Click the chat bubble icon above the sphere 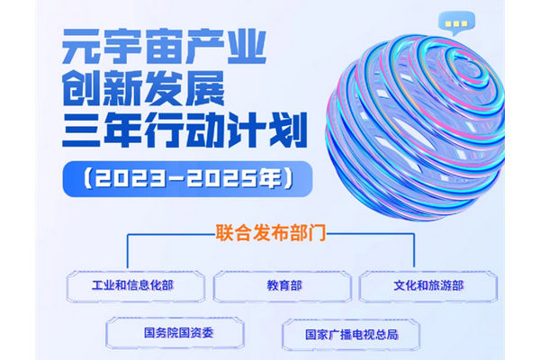pos(456,22)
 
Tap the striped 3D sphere pos(415,127)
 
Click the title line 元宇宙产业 pos(165,46)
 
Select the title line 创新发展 pos(143,88)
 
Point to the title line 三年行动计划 pos(184,130)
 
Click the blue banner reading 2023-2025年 pos(187,179)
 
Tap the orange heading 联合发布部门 pos(271,232)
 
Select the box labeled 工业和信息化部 pos(136,286)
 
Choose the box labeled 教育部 pos(283,286)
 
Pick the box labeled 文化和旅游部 pos(428,286)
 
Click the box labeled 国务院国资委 pos(175,333)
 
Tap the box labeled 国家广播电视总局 pos(351,335)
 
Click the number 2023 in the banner pos(129,179)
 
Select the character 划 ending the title pos(289,130)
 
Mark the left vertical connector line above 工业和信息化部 pos(128,251)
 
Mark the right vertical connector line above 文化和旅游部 pos(414,250)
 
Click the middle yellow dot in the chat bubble pos(456,23)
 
